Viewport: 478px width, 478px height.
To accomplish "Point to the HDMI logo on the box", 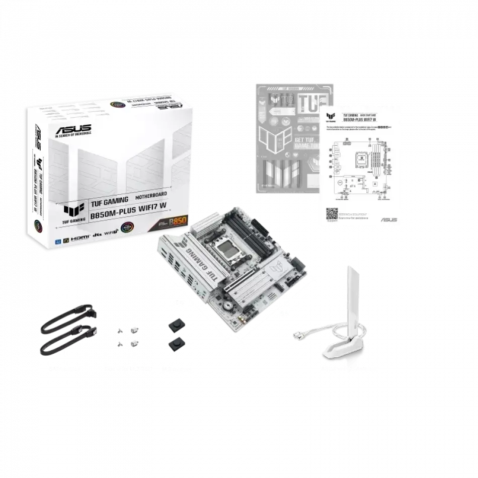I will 79,237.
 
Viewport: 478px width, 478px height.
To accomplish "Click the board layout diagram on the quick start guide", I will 361,168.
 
